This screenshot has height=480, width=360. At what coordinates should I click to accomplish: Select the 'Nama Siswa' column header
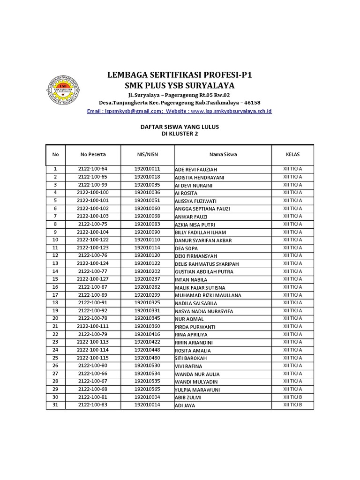[223, 154]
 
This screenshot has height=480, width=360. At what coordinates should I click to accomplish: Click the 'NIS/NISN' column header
[147, 154]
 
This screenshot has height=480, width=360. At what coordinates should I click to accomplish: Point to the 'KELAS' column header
[292, 154]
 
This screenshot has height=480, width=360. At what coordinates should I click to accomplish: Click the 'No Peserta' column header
[93, 154]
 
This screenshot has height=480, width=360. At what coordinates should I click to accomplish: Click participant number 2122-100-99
[93, 185]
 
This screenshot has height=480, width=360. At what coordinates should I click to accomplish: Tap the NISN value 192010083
[147, 224]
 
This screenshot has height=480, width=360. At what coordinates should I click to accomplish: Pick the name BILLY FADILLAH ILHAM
[200, 232]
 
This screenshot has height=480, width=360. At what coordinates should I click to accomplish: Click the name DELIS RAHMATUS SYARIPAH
[203, 264]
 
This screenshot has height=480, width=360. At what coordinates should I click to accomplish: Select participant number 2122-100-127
[93, 279]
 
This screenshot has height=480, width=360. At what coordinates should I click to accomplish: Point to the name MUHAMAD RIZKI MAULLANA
[208, 295]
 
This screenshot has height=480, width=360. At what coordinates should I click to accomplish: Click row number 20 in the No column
[55, 319]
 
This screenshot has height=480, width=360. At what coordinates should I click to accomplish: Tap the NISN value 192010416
[147, 334]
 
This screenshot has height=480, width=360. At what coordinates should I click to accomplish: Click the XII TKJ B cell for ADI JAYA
[292, 405]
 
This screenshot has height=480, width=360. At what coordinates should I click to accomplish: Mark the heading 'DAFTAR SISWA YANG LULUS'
[180, 127]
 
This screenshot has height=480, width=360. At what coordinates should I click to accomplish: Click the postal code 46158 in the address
[251, 103]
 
